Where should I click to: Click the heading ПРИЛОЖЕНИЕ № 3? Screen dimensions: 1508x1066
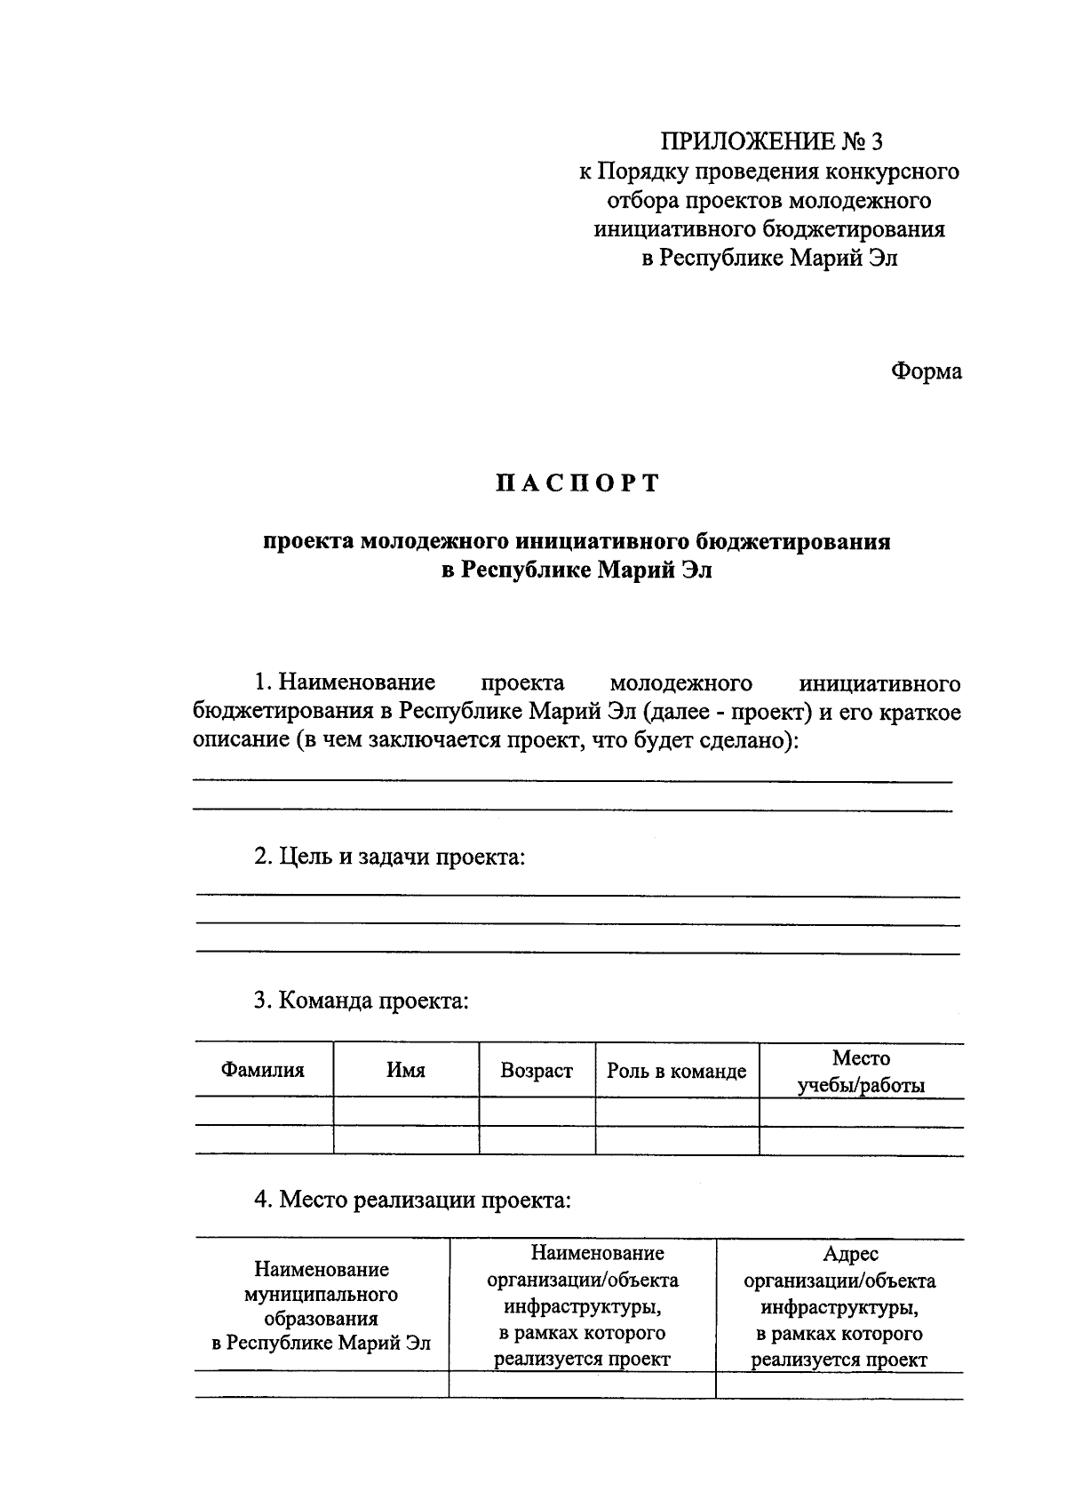point(772,141)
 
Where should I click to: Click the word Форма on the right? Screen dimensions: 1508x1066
point(926,371)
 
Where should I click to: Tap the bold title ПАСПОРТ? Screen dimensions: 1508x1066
point(577,483)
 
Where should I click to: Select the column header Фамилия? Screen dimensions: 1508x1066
point(263,1070)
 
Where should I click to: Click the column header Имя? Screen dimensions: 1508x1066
point(406,1070)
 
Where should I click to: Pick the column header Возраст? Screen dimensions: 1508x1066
point(537,1071)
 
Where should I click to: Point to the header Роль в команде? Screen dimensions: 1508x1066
point(677,1071)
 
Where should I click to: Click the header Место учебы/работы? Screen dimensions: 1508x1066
point(861,1072)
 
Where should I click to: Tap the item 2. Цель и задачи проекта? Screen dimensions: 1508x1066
point(390,857)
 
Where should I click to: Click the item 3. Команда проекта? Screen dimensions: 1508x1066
point(361,1001)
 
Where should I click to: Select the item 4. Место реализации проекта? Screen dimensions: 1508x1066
point(412,1200)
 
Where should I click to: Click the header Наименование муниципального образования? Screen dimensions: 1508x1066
point(322,1305)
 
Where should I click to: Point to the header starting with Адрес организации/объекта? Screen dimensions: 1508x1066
point(839,1306)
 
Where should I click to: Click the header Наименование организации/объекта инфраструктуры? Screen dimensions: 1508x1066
point(583,1305)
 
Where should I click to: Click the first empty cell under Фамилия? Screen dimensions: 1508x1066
point(264,1112)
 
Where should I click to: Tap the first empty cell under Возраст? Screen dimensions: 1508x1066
point(537,1112)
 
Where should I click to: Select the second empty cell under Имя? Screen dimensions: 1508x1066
point(406,1140)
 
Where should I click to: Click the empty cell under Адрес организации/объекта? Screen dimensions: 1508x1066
point(839,1385)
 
